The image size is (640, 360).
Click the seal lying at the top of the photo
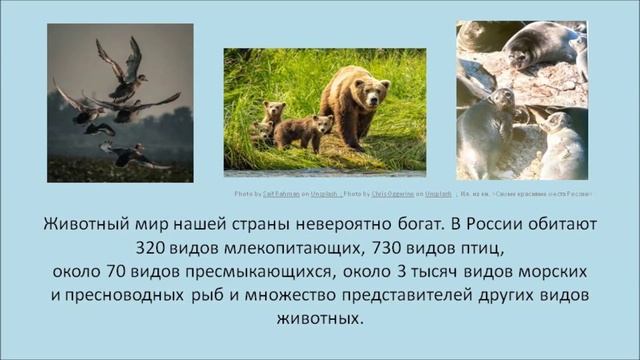540,46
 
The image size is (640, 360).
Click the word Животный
87,223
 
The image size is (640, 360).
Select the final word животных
319,321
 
